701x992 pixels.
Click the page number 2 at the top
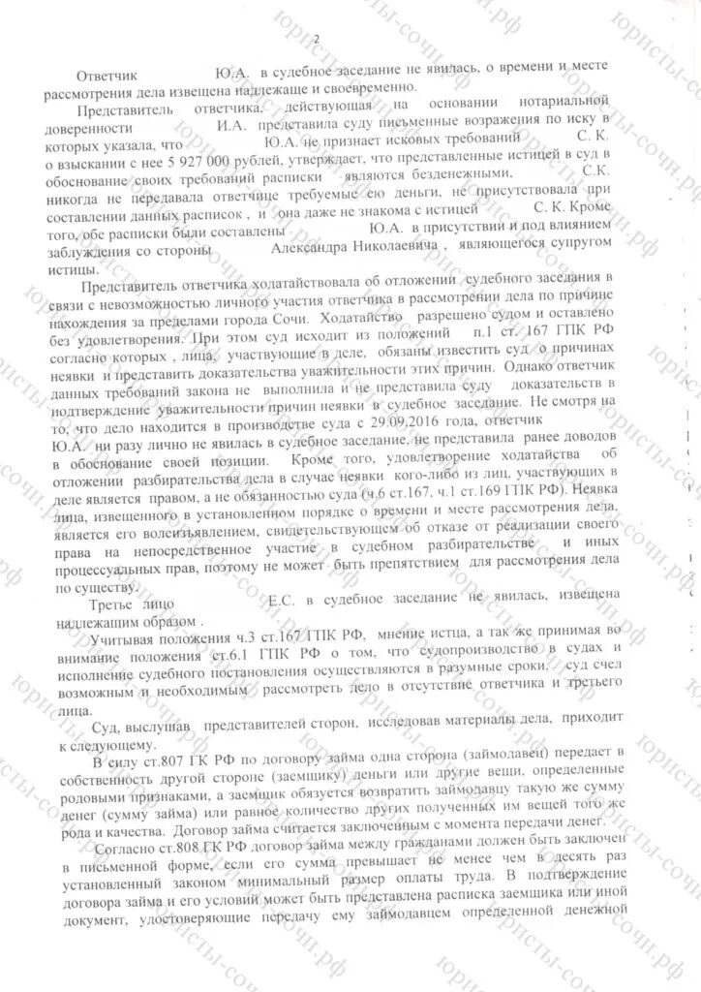tap(317, 38)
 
